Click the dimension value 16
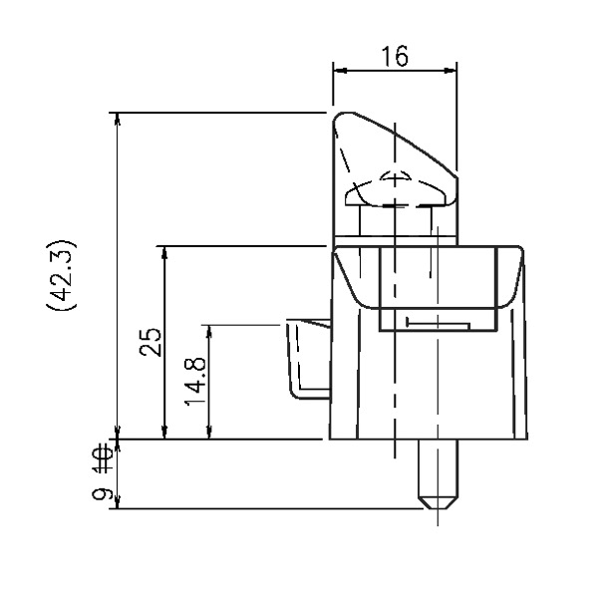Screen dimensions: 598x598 (x=395, y=57)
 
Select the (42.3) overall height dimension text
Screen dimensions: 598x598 (x=62, y=275)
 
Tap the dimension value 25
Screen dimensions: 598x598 (x=150, y=342)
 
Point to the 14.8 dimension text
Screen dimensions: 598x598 (x=195, y=381)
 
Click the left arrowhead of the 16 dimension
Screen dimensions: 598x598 (x=340, y=71)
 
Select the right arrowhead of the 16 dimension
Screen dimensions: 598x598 (x=449, y=71)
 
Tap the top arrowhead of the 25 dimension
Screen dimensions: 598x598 (x=164, y=253)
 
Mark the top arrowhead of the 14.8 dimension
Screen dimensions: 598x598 (x=209, y=332)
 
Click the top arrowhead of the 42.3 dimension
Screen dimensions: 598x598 (x=118, y=120)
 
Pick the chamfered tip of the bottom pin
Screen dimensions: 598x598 (x=438, y=503)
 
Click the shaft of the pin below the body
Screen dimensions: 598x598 (x=438, y=468)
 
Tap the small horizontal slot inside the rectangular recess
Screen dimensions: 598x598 (x=439, y=323)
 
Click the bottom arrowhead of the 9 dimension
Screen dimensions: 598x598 (x=118, y=502)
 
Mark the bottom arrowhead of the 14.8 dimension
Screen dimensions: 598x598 (x=209, y=433)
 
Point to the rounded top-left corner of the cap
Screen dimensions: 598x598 (x=339, y=118)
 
